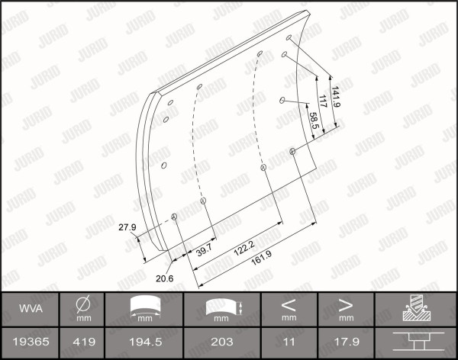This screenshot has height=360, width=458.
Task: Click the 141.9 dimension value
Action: tap(335, 97)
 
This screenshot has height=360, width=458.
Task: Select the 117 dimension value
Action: tap(322, 101)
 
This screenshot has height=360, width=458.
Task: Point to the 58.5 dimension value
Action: tap(314, 121)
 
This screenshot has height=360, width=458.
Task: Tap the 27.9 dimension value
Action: tap(127, 227)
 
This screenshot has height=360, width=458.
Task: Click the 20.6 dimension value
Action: tap(164, 278)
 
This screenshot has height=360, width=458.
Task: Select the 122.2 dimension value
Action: tap(244, 249)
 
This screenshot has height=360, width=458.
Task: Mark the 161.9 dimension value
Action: tap(261, 258)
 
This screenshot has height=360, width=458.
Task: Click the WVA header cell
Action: tap(31, 309)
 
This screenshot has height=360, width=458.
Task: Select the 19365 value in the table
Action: tap(31, 342)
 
